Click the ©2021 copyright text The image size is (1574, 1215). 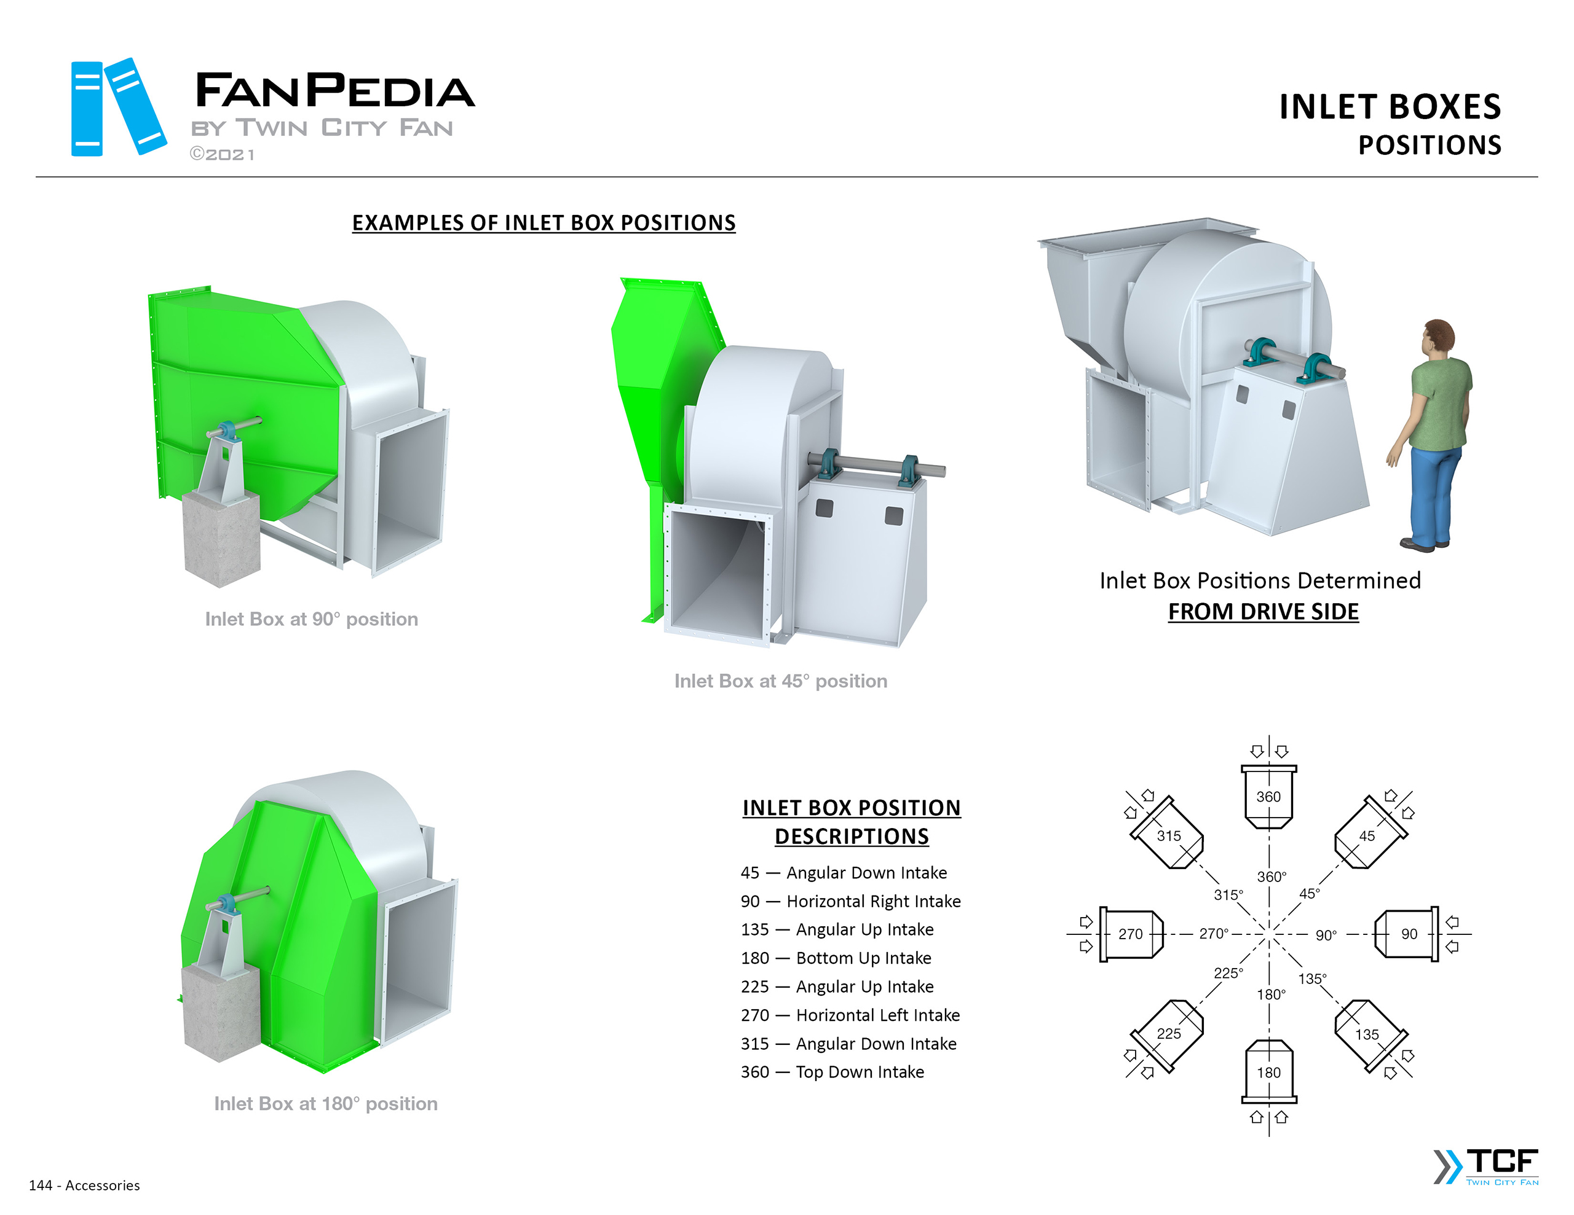click(x=222, y=155)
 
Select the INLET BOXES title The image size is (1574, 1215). click(x=1389, y=107)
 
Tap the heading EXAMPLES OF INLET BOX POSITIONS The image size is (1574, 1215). click(x=544, y=222)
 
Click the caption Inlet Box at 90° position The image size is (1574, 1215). click(x=311, y=619)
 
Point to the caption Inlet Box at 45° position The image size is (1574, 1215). click(x=780, y=681)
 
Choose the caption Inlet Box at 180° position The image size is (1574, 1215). click(x=326, y=1103)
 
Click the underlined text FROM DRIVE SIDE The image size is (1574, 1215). click(x=1263, y=611)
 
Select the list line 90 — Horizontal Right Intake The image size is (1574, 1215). click(x=850, y=901)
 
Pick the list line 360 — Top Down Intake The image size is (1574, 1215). click(x=832, y=1072)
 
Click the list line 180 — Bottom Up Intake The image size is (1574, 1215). click(x=836, y=958)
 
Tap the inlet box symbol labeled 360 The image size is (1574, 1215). click(x=1268, y=797)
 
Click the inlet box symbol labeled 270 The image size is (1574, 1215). click(x=1130, y=934)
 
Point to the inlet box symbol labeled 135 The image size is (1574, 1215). click(x=1367, y=1034)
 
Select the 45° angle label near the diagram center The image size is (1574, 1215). click(x=1309, y=894)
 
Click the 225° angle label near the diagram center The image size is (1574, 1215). click(x=1228, y=973)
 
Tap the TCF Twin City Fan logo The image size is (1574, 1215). click(x=1487, y=1166)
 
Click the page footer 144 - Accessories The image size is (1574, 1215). click(x=84, y=1186)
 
